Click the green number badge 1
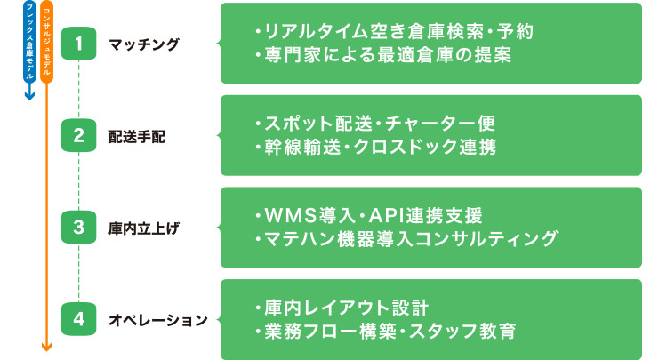click(x=79, y=43)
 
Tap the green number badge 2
click(x=79, y=135)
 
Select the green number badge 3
click(x=79, y=227)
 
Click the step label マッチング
click(x=143, y=44)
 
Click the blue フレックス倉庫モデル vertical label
click(x=29, y=44)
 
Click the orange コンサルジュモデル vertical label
click(x=47, y=44)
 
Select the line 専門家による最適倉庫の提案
click(x=382, y=55)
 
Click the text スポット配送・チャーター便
click(x=374, y=123)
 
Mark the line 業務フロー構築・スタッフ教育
click(x=383, y=331)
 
